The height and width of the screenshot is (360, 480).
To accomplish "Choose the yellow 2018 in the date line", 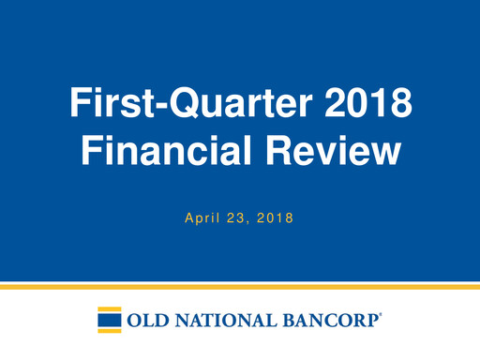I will tap(276, 219).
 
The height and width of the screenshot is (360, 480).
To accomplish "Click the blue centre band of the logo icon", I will tap(110, 321).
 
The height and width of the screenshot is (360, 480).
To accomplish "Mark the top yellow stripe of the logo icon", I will tap(110, 309).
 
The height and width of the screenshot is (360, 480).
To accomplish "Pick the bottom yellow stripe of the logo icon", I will tap(110, 331).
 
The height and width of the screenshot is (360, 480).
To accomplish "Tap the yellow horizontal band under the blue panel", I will tap(240, 286).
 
